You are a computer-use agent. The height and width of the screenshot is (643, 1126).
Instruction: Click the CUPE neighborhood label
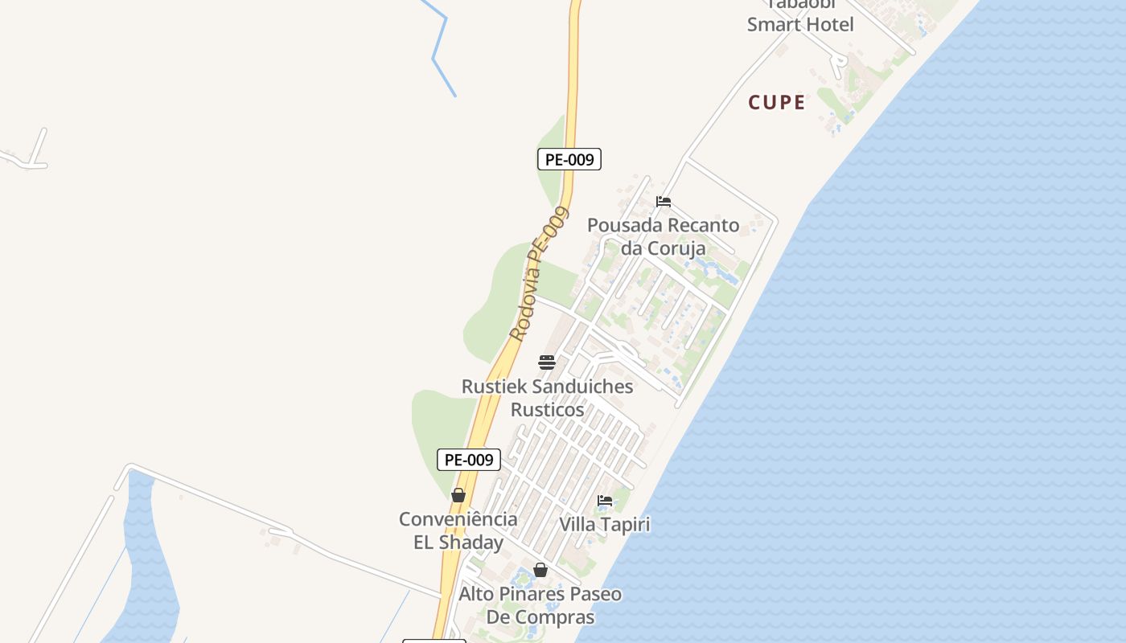(x=776, y=102)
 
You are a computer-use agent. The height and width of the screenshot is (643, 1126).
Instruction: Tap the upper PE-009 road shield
(x=569, y=159)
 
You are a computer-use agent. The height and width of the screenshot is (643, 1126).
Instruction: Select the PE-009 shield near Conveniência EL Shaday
(x=469, y=460)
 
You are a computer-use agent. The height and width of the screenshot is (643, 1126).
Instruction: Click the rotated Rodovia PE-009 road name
(x=539, y=273)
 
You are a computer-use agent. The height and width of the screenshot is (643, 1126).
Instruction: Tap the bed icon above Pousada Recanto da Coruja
(x=664, y=202)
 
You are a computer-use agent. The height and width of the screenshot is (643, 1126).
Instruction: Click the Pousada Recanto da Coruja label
(x=664, y=236)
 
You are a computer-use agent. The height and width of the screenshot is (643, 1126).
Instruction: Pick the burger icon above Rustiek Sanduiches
(x=547, y=362)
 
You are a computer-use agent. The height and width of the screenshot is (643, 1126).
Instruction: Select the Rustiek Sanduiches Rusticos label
(x=547, y=398)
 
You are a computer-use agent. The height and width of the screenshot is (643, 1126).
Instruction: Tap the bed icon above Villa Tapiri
(x=605, y=501)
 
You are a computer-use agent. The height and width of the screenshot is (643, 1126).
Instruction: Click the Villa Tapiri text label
(x=605, y=525)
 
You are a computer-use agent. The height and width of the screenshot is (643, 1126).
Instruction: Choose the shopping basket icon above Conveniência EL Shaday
(x=458, y=495)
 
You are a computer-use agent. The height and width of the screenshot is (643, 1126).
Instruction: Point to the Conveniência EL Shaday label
(x=458, y=530)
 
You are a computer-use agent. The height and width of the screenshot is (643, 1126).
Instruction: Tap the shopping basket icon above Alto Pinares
(x=540, y=570)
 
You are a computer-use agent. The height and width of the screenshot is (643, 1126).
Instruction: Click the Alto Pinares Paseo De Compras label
(x=540, y=606)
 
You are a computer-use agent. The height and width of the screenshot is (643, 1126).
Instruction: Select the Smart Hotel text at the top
(x=800, y=24)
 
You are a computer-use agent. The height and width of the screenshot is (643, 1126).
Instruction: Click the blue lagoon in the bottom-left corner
(x=149, y=563)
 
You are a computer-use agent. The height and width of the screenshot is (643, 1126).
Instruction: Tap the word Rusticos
(x=548, y=410)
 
